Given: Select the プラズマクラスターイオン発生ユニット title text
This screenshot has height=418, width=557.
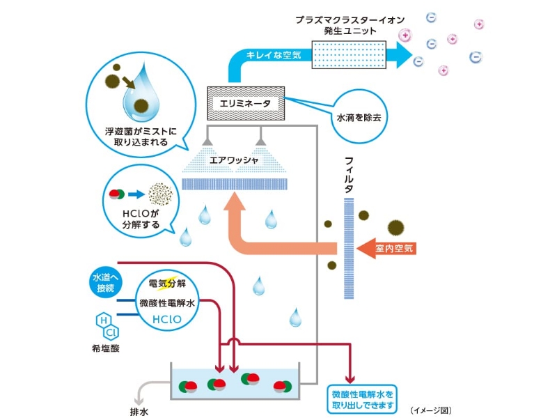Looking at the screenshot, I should pos(345,26).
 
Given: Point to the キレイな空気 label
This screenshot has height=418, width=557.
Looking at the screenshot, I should pos(274,56).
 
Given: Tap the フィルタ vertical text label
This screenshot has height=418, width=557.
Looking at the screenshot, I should pos(350,174).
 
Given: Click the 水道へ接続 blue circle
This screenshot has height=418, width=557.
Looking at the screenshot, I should pos(107,283).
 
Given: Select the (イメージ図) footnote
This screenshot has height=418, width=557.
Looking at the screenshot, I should pos(431,410).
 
